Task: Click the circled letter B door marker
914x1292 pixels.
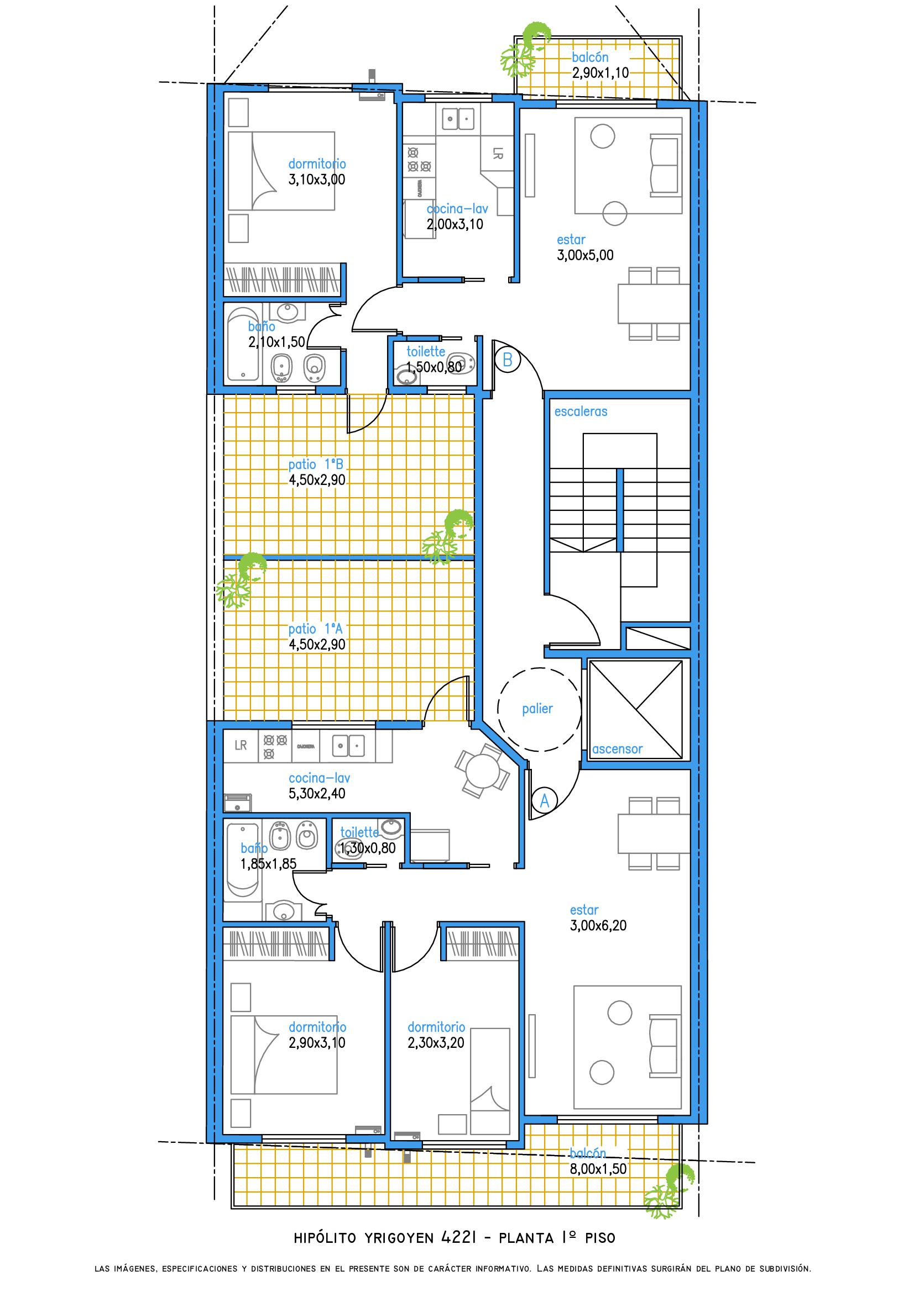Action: click(508, 360)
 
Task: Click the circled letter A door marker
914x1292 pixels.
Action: click(545, 800)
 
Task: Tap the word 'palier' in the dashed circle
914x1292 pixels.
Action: click(537, 709)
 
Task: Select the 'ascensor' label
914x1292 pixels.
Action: click(617, 749)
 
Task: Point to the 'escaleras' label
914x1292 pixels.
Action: click(581, 412)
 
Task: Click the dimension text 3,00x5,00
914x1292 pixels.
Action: click(585, 256)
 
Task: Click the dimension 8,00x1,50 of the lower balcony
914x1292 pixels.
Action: click(598, 1169)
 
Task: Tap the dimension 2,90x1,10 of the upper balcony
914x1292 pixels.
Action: click(600, 72)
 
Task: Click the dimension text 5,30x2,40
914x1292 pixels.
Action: click(317, 794)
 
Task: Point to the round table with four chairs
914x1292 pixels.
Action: click(483, 772)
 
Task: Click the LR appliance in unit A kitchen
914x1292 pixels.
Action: click(241, 746)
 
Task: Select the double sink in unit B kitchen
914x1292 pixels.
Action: click(459, 119)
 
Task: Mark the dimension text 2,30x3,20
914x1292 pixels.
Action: click(436, 1043)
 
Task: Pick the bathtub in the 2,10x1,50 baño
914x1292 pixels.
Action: click(243, 344)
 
